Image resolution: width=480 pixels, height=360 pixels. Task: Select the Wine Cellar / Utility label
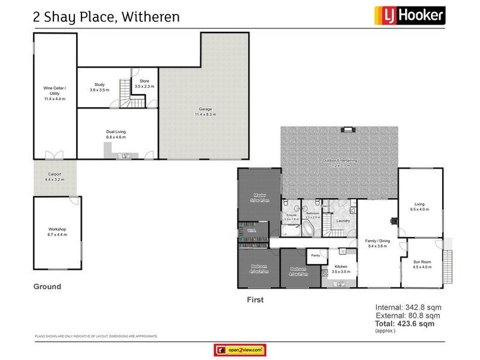pos(55,94)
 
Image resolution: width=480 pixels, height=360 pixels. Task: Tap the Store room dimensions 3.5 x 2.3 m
pos(144,86)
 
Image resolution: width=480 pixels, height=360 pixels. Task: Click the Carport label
pos(54,176)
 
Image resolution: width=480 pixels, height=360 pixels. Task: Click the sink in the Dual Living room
pos(126,155)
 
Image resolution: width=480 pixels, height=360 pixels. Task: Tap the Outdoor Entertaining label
pos(340,161)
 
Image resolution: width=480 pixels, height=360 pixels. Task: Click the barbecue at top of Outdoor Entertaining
pos(347,129)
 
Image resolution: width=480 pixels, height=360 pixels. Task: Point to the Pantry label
pos(315,254)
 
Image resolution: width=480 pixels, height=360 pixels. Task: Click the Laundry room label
pos(343,220)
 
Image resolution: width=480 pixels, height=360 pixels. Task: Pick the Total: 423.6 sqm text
pos(404,323)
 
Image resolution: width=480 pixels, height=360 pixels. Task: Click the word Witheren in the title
pos(150,16)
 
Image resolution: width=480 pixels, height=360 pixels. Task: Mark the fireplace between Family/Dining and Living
pos(394,220)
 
